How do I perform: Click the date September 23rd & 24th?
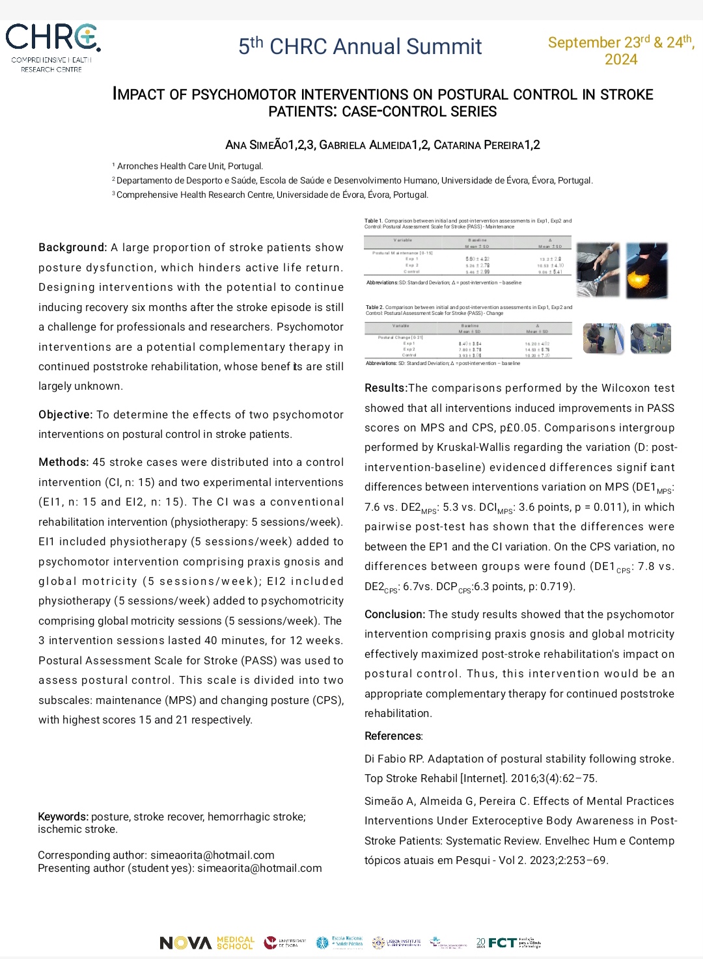pyautogui.click(x=620, y=42)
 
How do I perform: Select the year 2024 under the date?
pyautogui.click(x=621, y=60)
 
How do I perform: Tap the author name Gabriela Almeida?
pyautogui.click(x=371, y=145)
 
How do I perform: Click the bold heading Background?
pyautogui.click(x=72, y=248)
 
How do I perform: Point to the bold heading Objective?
pyautogui.click(x=65, y=415)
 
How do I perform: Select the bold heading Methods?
pyautogui.click(x=63, y=463)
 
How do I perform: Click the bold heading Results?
pyautogui.click(x=385, y=388)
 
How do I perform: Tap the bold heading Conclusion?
pyautogui.click(x=394, y=615)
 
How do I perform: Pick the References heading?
pyautogui.click(x=393, y=736)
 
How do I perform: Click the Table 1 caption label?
pyautogui.click(x=374, y=221)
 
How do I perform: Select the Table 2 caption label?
pyautogui.click(x=374, y=307)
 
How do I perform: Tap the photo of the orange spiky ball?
pyautogui.click(x=647, y=271)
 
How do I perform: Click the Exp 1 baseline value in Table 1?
pyautogui.click(x=478, y=259)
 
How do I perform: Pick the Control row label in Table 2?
pyautogui.click(x=409, y=355)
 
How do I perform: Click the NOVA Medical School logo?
pyautogui.click(x=207, y=943)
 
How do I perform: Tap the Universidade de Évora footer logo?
pyautogui.click(x=284, y=943)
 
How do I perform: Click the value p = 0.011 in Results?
pyautogui.click(x=618, y=507)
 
